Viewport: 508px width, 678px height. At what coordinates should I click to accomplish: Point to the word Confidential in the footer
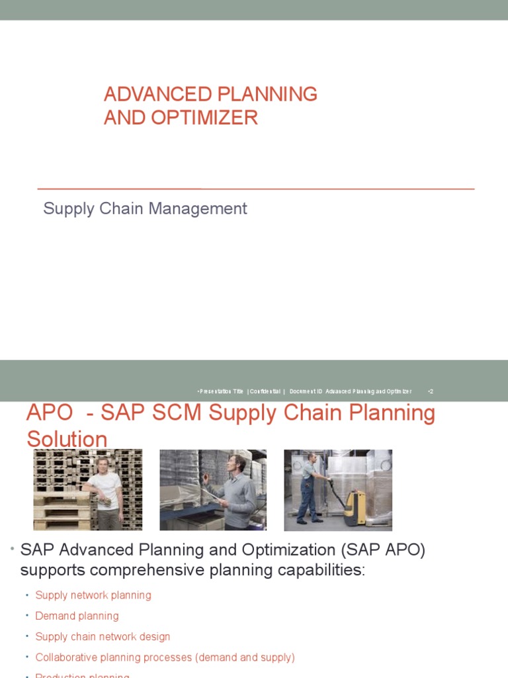265,391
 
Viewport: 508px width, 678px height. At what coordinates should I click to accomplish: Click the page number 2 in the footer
431,391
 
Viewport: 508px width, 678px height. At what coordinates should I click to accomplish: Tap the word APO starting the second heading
50,412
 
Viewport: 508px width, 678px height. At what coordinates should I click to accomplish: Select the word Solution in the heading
67,439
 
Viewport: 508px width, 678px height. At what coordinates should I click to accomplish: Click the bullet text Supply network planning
93,595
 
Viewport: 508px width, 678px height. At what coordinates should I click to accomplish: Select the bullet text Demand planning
77,616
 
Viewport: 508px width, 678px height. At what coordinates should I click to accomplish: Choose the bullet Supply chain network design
103,636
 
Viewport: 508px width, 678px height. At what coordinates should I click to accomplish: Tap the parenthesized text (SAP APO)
384,550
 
